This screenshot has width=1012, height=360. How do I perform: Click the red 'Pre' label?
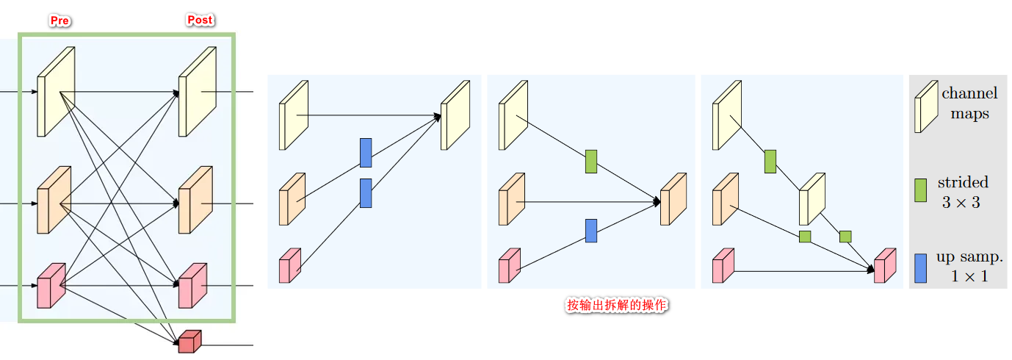tap(59, 21)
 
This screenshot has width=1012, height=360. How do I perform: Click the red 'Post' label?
tap(200, 20)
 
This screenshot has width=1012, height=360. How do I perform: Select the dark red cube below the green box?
tap(189, 341)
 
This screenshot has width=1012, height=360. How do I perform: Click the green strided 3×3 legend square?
tap(920, 190)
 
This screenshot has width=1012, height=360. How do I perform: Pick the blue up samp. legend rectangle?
tap(920, 268)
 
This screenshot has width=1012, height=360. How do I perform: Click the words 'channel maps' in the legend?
tap(969, 104)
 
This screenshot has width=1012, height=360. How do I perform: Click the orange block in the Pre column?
tap(54, 200)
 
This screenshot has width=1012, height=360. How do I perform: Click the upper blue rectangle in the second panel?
tap(366, 152)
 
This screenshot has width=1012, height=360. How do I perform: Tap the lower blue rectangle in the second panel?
tap(366, 192)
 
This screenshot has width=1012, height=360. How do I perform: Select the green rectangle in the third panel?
tap(591, 162)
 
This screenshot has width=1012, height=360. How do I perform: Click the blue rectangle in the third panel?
tap(591, 231)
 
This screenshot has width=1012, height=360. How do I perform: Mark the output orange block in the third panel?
tap(673, 199)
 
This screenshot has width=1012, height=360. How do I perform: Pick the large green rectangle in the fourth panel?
tap(770, 161)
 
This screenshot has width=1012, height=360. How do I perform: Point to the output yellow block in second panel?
tap(455, 115)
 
